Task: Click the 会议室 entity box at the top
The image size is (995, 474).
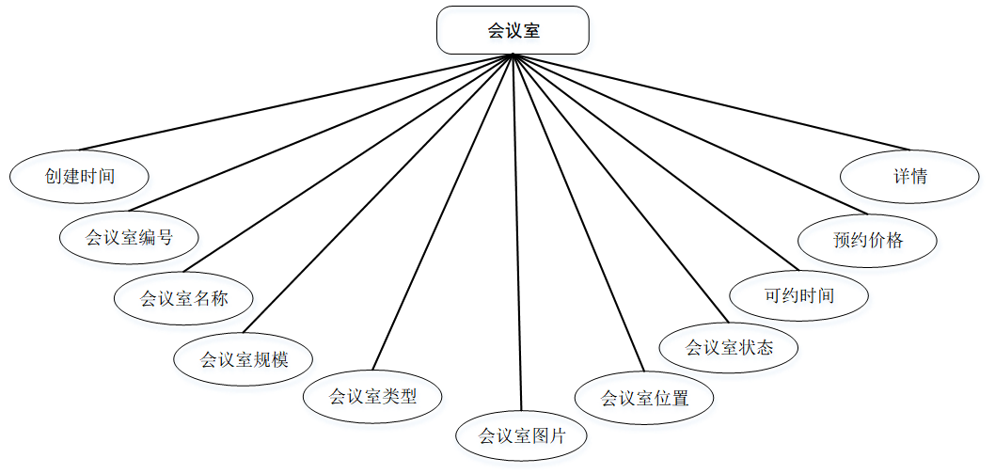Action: (513, 30)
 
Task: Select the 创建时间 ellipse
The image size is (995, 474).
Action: (80, 176)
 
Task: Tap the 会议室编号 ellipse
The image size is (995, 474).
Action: (129, 237)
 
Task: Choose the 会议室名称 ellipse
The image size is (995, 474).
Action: (184, 299)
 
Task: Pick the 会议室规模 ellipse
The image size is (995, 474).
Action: (244, 358)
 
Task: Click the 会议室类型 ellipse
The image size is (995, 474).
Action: (372, 396)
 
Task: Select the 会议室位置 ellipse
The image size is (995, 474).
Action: (644, 398)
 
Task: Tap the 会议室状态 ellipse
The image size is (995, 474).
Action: (729, 347)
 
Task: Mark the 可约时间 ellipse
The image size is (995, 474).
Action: (798, 295)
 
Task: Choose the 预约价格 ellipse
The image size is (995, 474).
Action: (867, 240)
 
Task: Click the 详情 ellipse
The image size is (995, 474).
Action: (909, 176)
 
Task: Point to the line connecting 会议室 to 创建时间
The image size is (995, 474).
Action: (297, 103)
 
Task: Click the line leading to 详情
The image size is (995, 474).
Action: (711, 103)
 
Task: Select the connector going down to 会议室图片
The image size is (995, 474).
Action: (517, 235)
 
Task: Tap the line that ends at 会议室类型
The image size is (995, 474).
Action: (442, 212)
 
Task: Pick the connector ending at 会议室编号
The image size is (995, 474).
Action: (321, 133)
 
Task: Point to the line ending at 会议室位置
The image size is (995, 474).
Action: (579, 213)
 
